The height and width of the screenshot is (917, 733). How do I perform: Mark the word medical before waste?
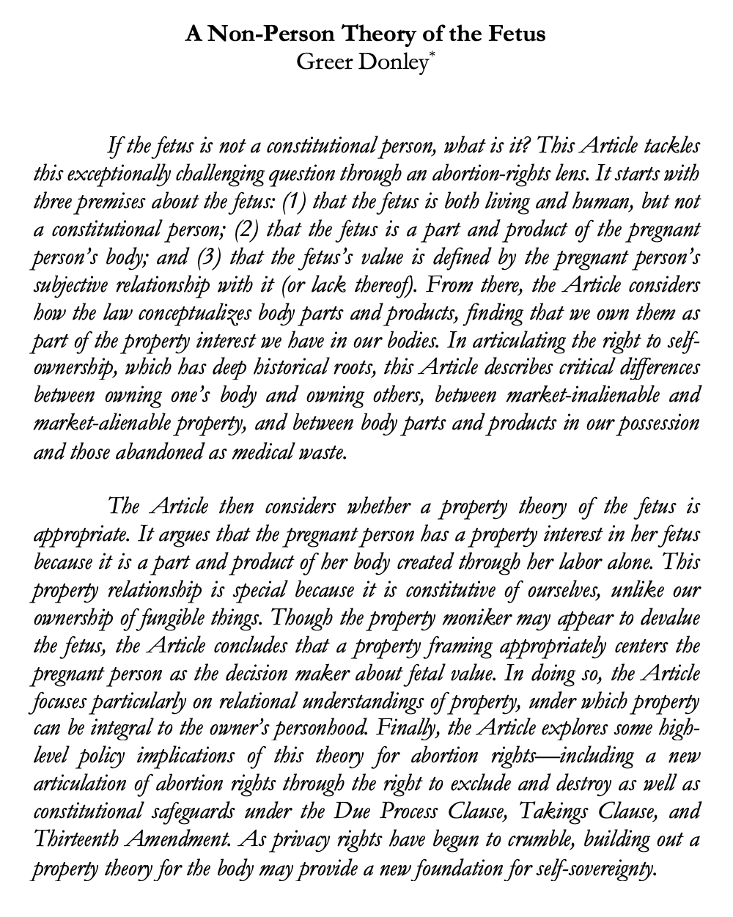[264, 452]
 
